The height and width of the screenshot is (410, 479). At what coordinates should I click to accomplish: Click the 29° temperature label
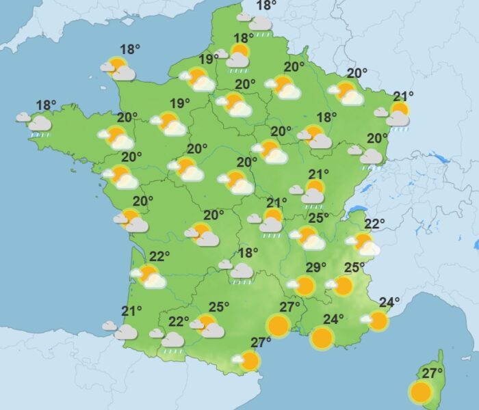click(x=313, y=267)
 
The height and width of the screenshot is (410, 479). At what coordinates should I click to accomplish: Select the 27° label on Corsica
click(x=432, y=374)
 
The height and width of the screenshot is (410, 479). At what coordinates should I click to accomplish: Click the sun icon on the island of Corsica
click(x=420, y=392)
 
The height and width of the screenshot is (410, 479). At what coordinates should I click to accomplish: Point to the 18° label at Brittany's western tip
click(x=46, y=105)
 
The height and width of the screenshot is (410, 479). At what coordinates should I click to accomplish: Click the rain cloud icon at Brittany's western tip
click(x=38, y=124)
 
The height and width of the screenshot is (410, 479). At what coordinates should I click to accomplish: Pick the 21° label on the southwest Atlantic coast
click(x=131, y=311)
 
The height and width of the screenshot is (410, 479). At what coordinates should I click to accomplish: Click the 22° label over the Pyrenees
click(x=179, y=321)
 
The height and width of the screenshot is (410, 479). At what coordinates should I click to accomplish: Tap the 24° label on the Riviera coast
click(x=389, y=302)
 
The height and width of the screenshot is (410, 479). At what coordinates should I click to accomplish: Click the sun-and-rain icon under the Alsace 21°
click(x=396, y=115)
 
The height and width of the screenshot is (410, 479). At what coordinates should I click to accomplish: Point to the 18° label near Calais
click(x=266, y=6)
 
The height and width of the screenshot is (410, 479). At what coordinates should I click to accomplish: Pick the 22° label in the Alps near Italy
click(x=375, y=223)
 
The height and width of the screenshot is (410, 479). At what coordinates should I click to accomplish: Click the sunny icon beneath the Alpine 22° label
click(x=364, y=243)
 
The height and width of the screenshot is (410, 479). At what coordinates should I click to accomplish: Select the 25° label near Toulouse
click(x=218, y=307)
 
